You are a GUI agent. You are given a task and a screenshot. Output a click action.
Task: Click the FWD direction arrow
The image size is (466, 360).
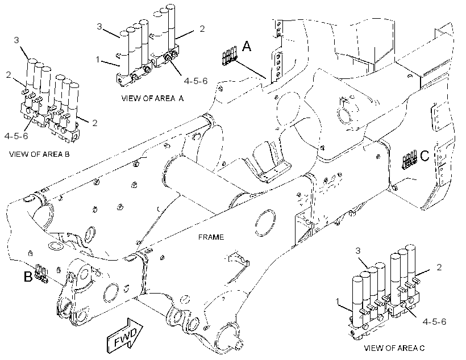click(124, 336)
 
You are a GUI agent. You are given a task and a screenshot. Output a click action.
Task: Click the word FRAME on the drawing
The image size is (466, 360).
click(211, 237)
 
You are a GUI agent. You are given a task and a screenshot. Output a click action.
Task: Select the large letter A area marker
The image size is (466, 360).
click(247, 47)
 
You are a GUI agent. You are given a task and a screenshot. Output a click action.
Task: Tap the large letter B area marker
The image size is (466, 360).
click(28, 277)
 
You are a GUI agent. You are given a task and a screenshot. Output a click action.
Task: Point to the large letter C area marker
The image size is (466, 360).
click(425, 156)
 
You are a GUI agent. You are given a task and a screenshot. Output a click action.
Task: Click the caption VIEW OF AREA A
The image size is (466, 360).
click(152, 98)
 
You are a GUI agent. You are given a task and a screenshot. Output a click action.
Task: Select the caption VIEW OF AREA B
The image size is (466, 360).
click(40, 154)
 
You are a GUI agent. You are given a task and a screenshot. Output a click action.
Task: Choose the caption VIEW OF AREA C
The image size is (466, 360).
click(394, 348)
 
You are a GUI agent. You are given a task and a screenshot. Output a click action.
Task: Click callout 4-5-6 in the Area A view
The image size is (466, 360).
click(195, 81)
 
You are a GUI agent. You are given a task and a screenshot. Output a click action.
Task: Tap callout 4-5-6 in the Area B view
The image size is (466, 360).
click(16, 136)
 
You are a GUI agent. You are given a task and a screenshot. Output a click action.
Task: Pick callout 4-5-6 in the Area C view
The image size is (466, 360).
click(434, 322)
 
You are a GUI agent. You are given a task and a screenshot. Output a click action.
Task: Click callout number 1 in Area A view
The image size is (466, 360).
click(98, 60)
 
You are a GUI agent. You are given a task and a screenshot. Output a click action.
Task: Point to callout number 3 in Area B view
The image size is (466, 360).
click(16, 40)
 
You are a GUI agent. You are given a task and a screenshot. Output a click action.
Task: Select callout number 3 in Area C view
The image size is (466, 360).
click(358, 250)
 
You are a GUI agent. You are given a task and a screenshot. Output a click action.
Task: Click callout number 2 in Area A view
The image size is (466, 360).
click(202, 29)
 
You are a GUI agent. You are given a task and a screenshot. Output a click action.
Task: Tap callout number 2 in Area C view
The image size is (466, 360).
click(439, 267)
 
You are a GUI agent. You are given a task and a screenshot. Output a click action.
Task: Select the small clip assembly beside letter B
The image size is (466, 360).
click(41, 273)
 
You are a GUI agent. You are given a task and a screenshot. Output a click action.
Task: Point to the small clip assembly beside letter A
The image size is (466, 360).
click(230, 56)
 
